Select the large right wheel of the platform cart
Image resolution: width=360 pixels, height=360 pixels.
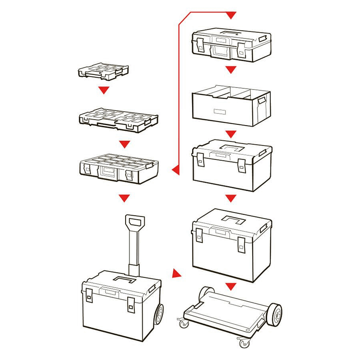click(x=274, y=315)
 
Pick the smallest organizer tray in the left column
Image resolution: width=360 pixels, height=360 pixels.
click(x=103, y=71)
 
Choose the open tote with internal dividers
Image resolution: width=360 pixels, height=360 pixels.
click(x=231, y=105)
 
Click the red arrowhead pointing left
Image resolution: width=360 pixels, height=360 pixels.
click(x=175, y=170)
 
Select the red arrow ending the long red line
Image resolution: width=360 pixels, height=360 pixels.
click(x=231, y=15)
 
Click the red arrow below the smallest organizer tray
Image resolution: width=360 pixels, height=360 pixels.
click(x=104, y=90)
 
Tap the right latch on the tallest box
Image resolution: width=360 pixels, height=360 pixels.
click(x=241, y=244)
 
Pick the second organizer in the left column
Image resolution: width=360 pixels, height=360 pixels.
click(x=118, y=120)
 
